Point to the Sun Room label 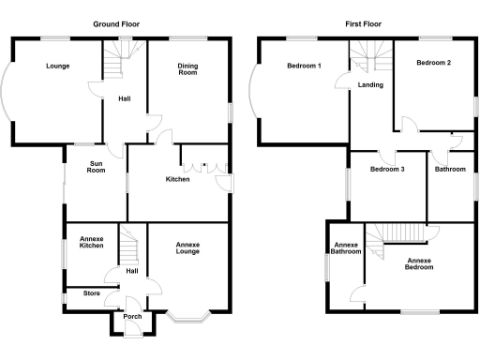tap(96, 168)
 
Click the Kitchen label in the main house tap(178, 179)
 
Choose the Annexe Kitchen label tap(91, 246)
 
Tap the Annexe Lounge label tap(187, 248)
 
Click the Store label tap(91, 293)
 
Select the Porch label tap(132, 316)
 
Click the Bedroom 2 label tap(433, 63)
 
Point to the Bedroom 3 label tap(387, 170)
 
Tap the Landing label tap(369, 86)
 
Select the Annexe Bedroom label tap(418, 262)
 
